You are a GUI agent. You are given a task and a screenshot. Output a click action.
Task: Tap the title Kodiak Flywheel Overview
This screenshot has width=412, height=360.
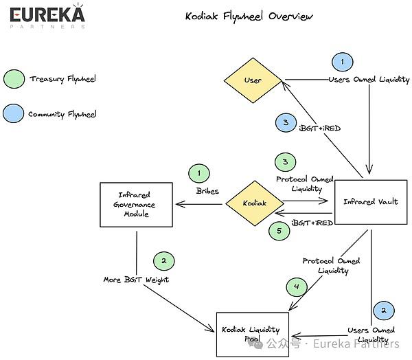pos(249,16)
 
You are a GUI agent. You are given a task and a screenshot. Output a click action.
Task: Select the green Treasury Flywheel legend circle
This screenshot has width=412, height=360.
pos(14,79)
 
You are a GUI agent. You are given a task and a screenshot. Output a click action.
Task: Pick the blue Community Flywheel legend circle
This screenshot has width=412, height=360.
pos(14,113)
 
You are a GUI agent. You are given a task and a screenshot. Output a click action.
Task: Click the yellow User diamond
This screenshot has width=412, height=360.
pos(253,80)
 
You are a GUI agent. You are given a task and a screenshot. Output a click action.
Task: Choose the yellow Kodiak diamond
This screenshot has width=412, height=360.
pos(255,203)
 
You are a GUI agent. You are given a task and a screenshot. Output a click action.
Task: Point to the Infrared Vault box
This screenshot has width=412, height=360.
pos(371,202)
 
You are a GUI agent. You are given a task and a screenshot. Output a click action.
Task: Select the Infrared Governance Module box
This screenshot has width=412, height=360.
pos(137,205)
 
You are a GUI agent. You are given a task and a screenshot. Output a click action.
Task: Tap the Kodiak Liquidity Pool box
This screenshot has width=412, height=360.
pos(253,335)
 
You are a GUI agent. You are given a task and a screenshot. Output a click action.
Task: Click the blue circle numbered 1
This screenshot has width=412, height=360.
pos(343,62)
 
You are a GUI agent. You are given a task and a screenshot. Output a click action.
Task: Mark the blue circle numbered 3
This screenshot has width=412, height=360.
pos(286,122)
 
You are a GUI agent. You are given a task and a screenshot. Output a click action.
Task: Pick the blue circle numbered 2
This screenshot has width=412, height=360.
pos(384,311)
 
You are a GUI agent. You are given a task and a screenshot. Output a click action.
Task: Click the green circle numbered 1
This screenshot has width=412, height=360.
pos(199,173)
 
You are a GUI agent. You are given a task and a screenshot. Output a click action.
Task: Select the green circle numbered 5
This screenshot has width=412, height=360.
pos(279,231)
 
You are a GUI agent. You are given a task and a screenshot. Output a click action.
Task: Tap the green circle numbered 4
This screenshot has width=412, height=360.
pos(297,286)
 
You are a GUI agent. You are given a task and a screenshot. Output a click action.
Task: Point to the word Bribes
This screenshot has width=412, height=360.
pos(207,191)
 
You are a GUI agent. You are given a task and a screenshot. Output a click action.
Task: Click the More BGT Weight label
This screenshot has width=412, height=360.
pos(136,280)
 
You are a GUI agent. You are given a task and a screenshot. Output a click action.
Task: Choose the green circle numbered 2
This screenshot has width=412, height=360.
pos(164,261)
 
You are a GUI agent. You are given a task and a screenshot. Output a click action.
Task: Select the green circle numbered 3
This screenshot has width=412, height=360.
pos(286,161)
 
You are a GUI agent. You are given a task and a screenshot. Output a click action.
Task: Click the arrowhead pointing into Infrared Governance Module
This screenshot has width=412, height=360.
pos(180,204)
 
